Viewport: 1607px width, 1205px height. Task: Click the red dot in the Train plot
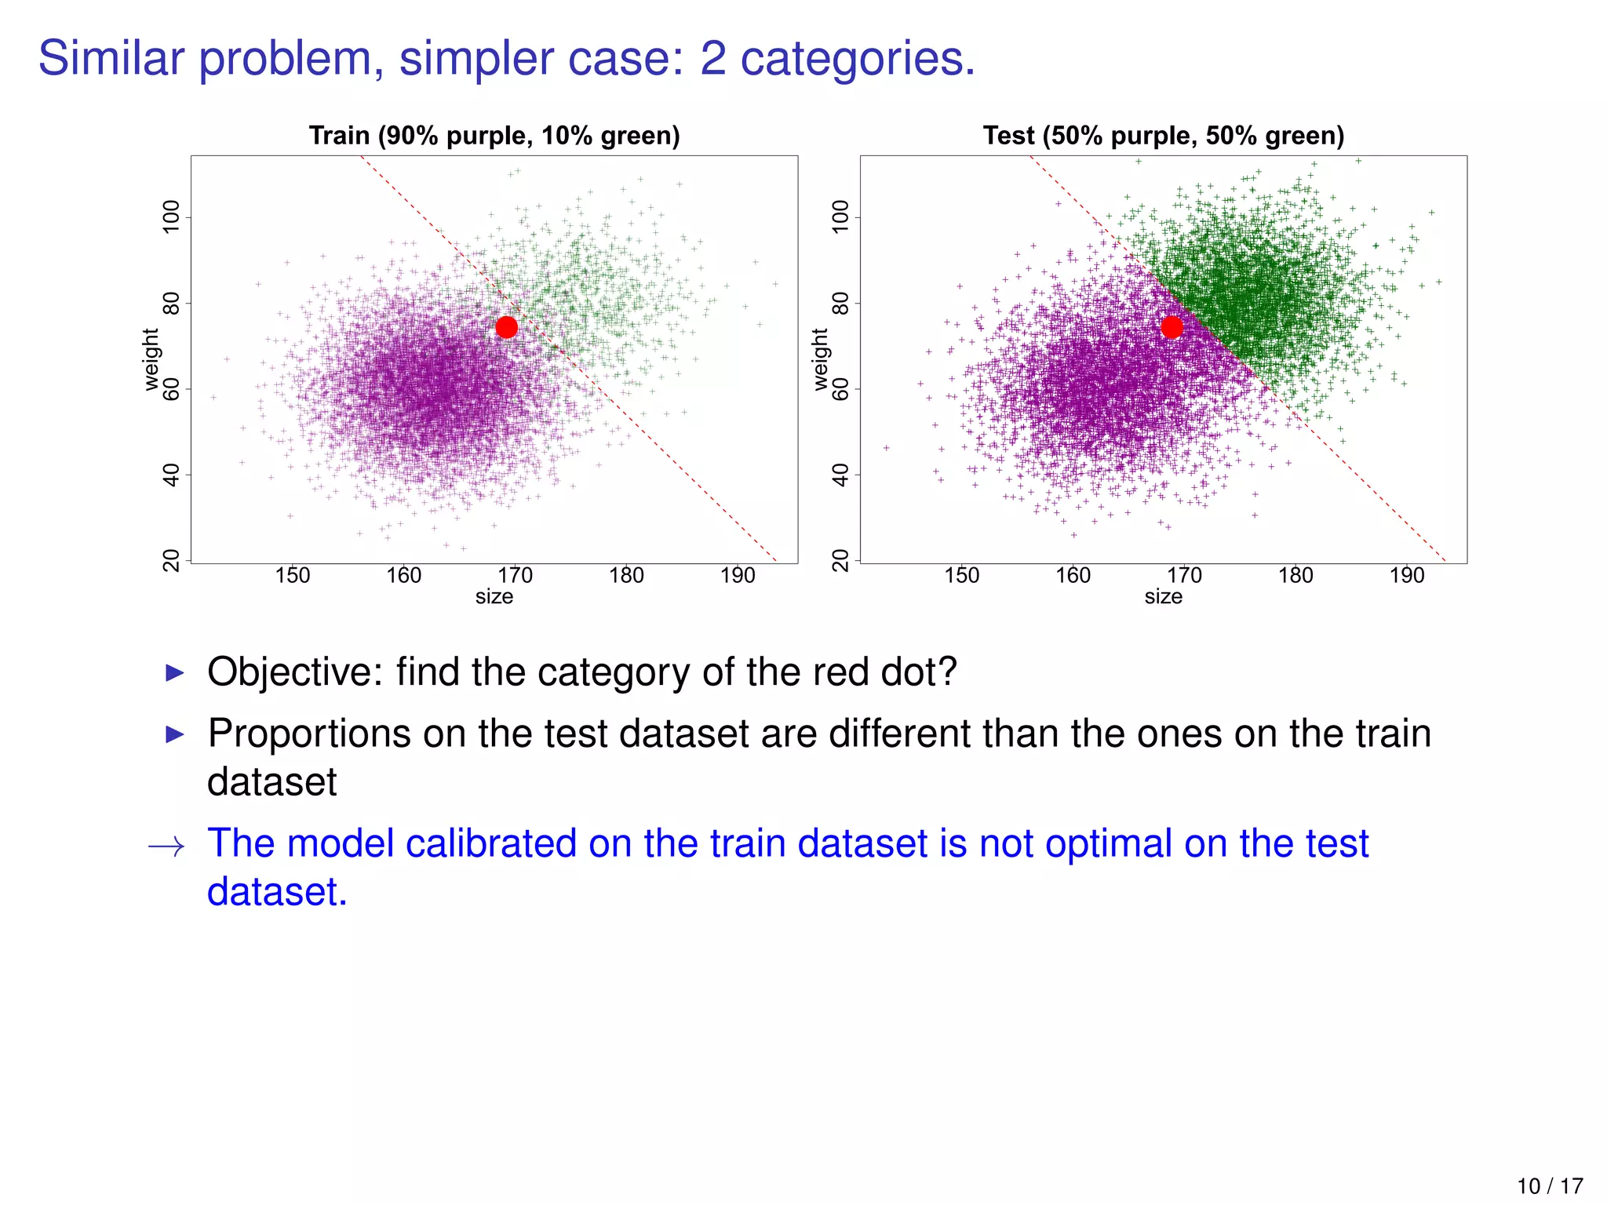[507, 327]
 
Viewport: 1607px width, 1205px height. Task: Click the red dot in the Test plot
[1172, 327]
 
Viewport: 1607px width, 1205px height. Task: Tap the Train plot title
[494, 136]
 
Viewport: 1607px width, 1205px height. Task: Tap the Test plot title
[1163, 136]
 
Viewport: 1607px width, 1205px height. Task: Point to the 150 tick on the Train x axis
[292, 576]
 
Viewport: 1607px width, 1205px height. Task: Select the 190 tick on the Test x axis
[1406, 576]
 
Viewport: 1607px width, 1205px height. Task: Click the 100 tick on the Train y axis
[170, 217]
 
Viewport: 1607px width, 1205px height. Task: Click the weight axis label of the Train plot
[151, 359]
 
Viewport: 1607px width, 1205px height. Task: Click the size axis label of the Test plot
[1163, 597]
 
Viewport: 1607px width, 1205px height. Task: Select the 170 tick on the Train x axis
[515, 576]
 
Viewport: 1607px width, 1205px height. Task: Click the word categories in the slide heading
[857, 59]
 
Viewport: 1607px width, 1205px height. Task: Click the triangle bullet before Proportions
[175, 735]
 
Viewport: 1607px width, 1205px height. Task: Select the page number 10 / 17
[1549, 1186]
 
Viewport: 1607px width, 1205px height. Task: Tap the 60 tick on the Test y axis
[840, 389]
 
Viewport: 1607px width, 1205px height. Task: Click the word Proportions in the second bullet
[309, 734]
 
